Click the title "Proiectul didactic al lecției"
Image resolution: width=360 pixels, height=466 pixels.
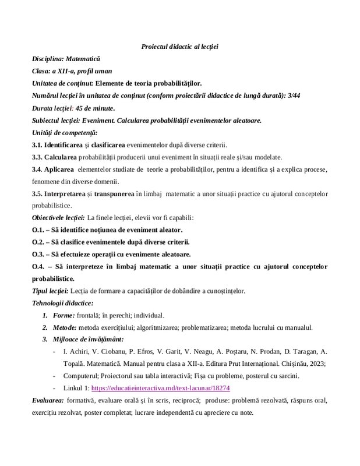pyautogui.click(x=179, y=46)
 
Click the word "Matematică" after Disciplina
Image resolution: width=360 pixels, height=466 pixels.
pyautogui.click(x=83, y=59)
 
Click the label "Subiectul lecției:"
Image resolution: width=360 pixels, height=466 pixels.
pyautogui.click(x=56, y=121)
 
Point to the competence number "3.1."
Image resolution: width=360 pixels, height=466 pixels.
pyautogui.click(x=37, y=145)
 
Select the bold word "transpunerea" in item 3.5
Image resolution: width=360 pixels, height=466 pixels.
pyautogui.click(x=113, y=193)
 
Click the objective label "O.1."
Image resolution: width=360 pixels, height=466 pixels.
pyautogui.click(x=38, y=230)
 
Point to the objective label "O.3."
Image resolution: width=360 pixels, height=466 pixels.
pyautogui.click(x=38, y=255)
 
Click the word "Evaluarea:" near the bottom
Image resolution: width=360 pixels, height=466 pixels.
pyautogui.click(x=48, y=401)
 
